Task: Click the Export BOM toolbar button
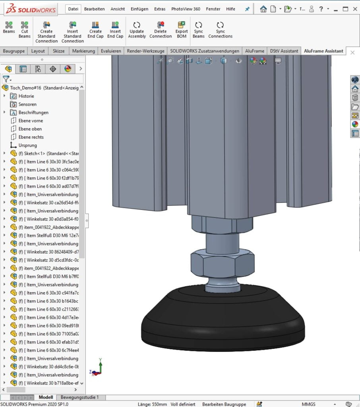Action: point(181,30)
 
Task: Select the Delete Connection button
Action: point(161,30)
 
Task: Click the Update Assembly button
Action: point(137,30)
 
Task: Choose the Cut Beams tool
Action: point(25,30)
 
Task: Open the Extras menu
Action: point(160,9)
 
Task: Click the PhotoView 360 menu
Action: point(186,9)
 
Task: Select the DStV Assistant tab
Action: point(284,51)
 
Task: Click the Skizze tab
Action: point(58,51)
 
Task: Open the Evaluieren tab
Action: point(111,51)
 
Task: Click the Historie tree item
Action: point(26,96)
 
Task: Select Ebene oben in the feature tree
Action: point(30,129)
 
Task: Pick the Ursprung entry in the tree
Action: point(27,145)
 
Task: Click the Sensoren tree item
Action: point(27,105)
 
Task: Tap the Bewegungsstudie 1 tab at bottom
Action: point(79,397)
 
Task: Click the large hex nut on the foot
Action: point(222,263)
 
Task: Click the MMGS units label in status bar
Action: point(308,404)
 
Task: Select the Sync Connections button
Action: point(220,30)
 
